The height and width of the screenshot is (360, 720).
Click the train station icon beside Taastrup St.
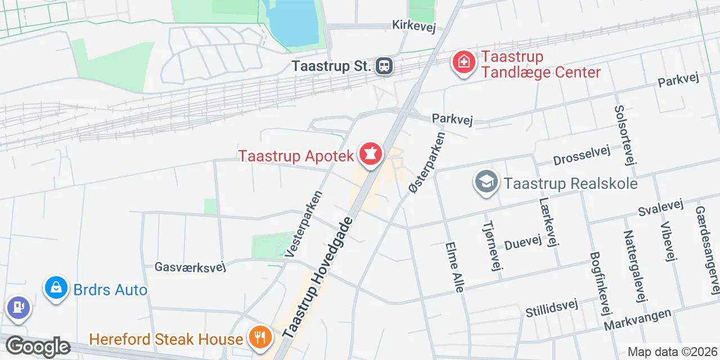point(384,66)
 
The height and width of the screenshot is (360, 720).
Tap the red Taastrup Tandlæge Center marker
point(463,62)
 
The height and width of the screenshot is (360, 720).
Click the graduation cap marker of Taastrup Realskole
point(487,182)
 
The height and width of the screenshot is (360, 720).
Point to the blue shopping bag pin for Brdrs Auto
point(56,289)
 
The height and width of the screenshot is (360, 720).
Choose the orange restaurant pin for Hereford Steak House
point(259,337)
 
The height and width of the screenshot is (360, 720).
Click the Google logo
point(38,347)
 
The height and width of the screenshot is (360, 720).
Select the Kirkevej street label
point(415,25)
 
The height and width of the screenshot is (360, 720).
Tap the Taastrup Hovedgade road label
point(318,278)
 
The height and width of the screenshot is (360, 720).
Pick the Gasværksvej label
point(190,266)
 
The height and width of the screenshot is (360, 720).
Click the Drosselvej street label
point(581,157)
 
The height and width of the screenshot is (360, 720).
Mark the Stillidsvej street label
point(551,308)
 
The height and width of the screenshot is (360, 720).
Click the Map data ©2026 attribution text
point(672,352)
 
